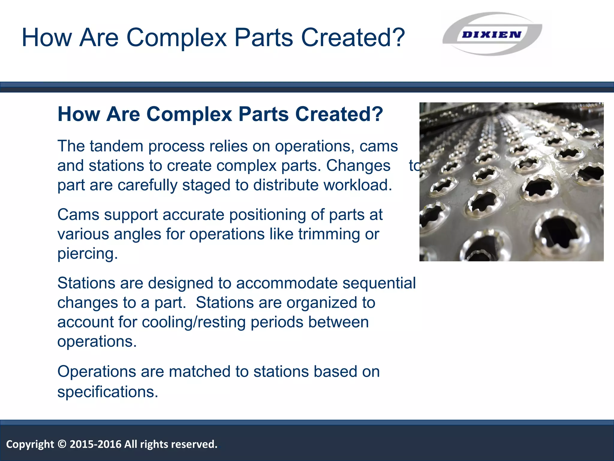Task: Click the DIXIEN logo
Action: coord(492,34)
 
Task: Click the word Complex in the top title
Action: coord(176,38)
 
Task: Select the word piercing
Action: coord(87,254)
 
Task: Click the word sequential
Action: coord(379,283)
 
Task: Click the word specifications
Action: coord(107,392)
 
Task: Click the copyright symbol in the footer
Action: coord(62,444)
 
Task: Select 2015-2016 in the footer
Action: coord(95,444)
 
